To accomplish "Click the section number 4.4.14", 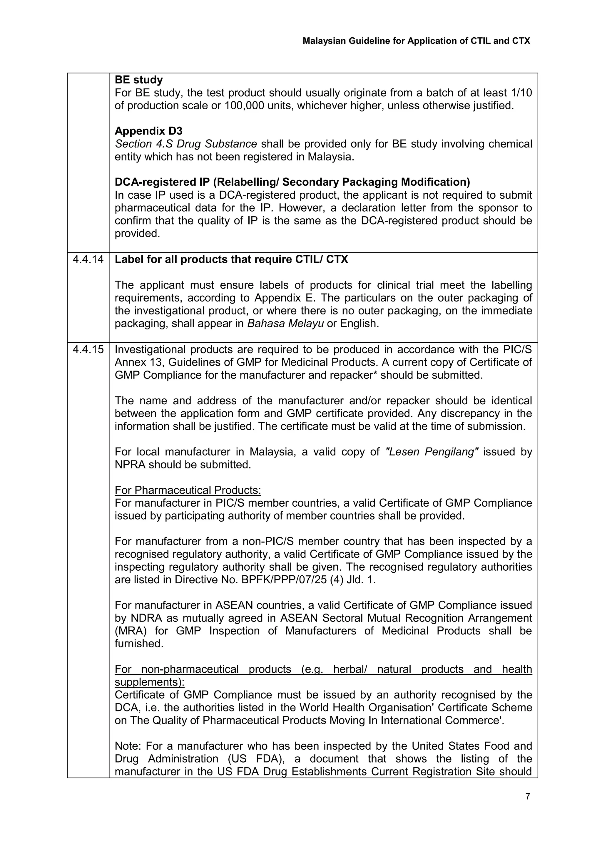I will pyautogui.click(x=88, y=259).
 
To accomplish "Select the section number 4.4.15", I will pyautogui.click(x=88, y=349).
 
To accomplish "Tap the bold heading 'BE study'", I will pyautogui.click(x=139, y=80).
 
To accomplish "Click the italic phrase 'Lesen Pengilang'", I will pyautogui.click(x=432, y=452).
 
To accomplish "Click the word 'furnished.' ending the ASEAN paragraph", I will pyautogui.click(x=139, y=644).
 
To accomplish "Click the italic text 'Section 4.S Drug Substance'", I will pyautogui.click(x=186, y=144).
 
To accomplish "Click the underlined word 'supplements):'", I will pyautogui.click(x=149, y=682).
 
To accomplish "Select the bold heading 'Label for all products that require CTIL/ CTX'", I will pyautogui.click(x=231, y=259).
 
